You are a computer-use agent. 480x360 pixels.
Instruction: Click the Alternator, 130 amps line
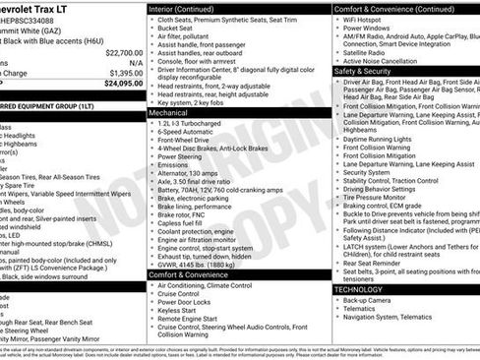click(x=196, y=173)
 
